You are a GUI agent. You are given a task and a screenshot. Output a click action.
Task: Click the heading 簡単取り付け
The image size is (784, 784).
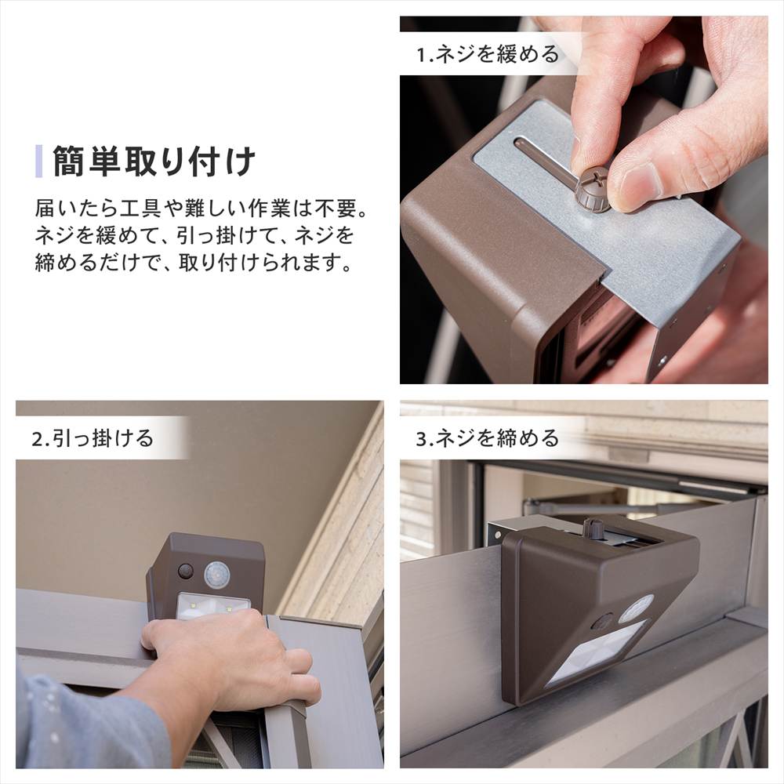tap(154, 162)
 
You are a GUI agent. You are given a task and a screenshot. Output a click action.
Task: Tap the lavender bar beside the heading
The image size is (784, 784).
tap(39, 161)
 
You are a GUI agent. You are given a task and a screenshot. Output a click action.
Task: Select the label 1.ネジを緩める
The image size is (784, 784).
tap(488, 55)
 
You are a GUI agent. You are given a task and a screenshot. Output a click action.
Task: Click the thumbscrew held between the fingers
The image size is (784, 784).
tap(592, 191)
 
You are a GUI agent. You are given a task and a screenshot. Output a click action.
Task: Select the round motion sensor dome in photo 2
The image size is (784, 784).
tap(217, 575)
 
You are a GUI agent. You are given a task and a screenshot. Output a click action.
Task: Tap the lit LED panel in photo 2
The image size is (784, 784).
tap(212, 604)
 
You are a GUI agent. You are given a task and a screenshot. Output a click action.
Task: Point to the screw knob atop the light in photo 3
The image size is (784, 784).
tap(595, 528)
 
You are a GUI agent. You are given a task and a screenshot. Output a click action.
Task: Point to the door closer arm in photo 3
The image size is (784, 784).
tap(596, 502)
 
